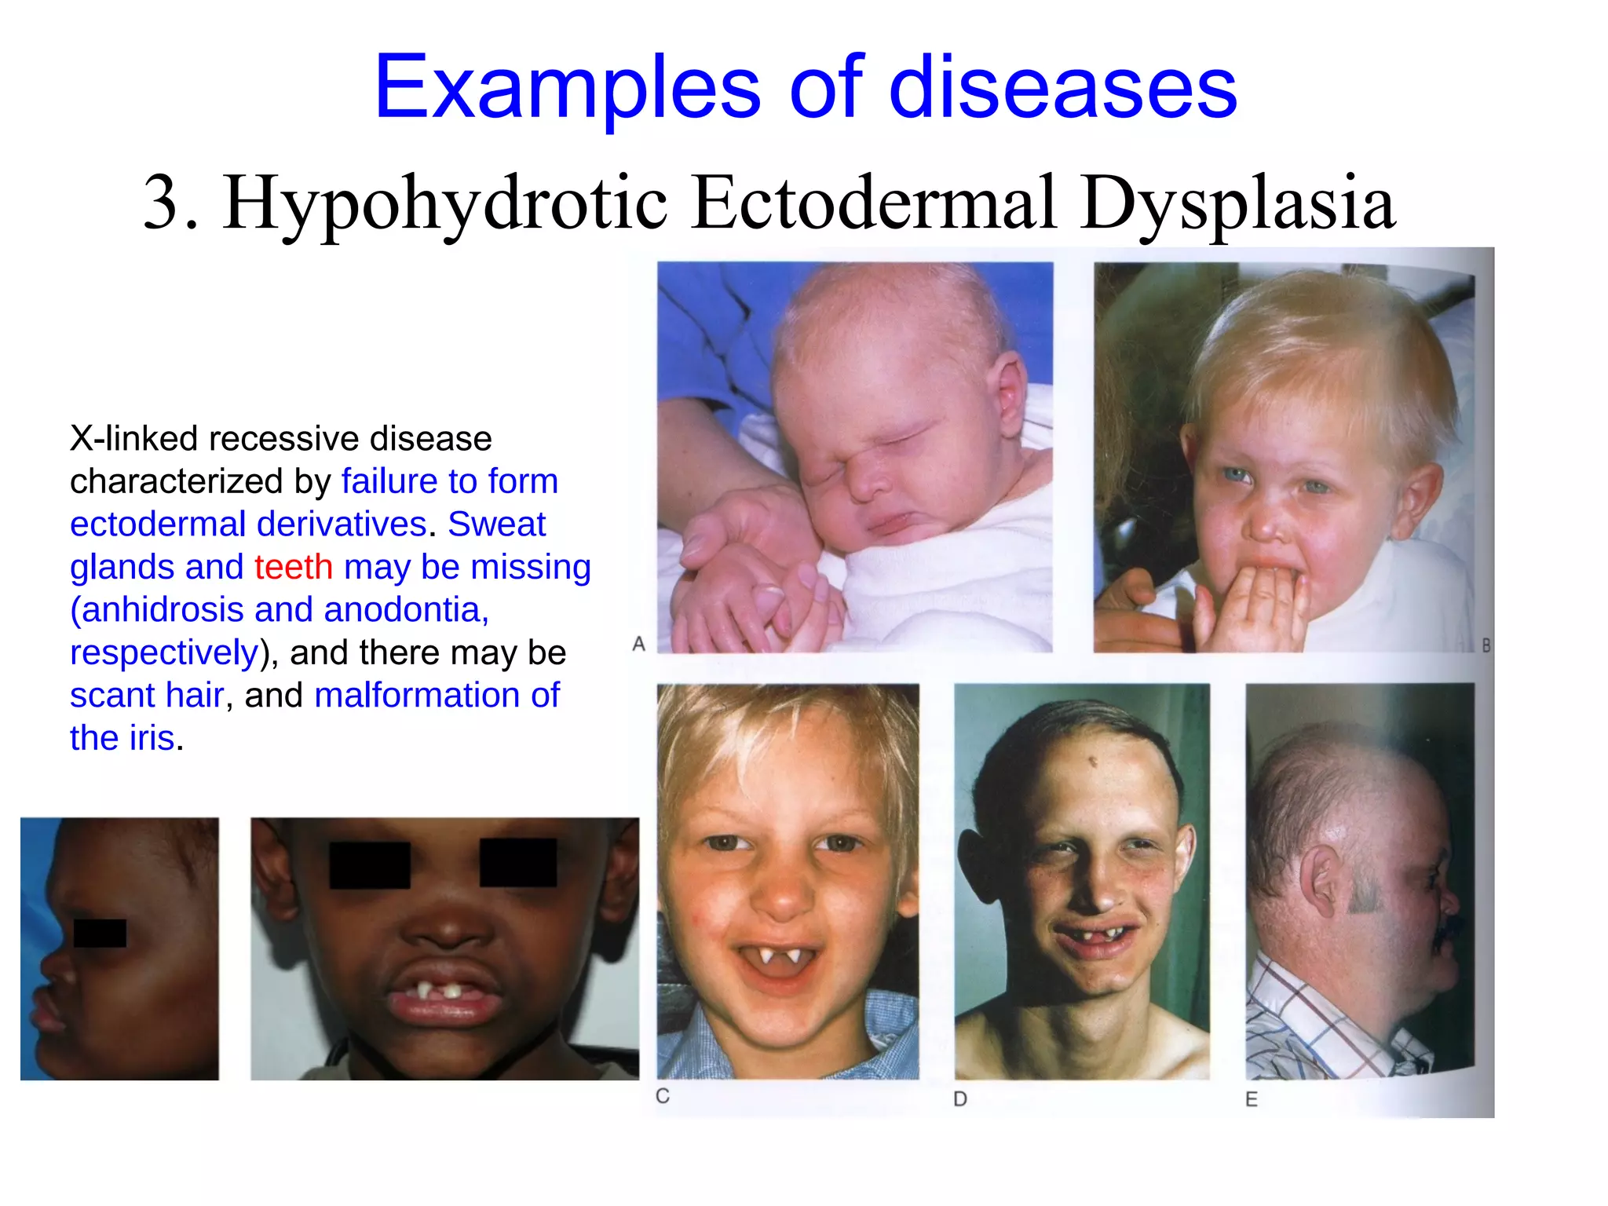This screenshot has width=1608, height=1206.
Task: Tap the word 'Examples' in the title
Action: (567, 88)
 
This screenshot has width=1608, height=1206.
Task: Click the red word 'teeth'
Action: (294, 567)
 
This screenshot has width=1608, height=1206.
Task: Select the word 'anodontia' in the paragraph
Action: (405, 610)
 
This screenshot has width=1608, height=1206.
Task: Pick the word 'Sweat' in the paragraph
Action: (496, 524)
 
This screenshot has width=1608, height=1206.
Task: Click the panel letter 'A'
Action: (639, 645)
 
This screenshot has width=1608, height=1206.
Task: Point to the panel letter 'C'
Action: (663, 1096)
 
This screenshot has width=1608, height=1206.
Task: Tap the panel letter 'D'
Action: (960, 1099)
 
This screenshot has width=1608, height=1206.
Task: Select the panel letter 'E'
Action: (1252, 1099)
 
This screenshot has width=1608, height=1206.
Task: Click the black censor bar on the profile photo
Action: (100, 933)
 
